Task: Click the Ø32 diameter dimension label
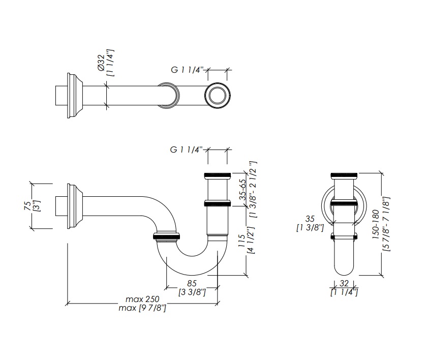coord(101,63)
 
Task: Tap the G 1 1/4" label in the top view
coord(187,70)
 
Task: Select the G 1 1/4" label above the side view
coord(186,149)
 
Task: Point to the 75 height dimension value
coord(28,206)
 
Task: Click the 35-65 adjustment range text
coord(242,190)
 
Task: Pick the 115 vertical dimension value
coord(241,241)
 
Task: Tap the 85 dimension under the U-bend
coord(192,283)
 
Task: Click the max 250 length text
coord(142,299)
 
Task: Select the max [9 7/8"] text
coord(142,308)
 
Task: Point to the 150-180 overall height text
coord(376,224)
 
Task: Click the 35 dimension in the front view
coord(310,219)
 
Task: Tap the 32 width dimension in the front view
coord(344,283)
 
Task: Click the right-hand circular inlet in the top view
coord(218,96)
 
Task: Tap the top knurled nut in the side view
coord(218,175)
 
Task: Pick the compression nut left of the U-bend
coord(166,236)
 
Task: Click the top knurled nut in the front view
coord(344,175)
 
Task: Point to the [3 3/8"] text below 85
coord(192,292)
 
